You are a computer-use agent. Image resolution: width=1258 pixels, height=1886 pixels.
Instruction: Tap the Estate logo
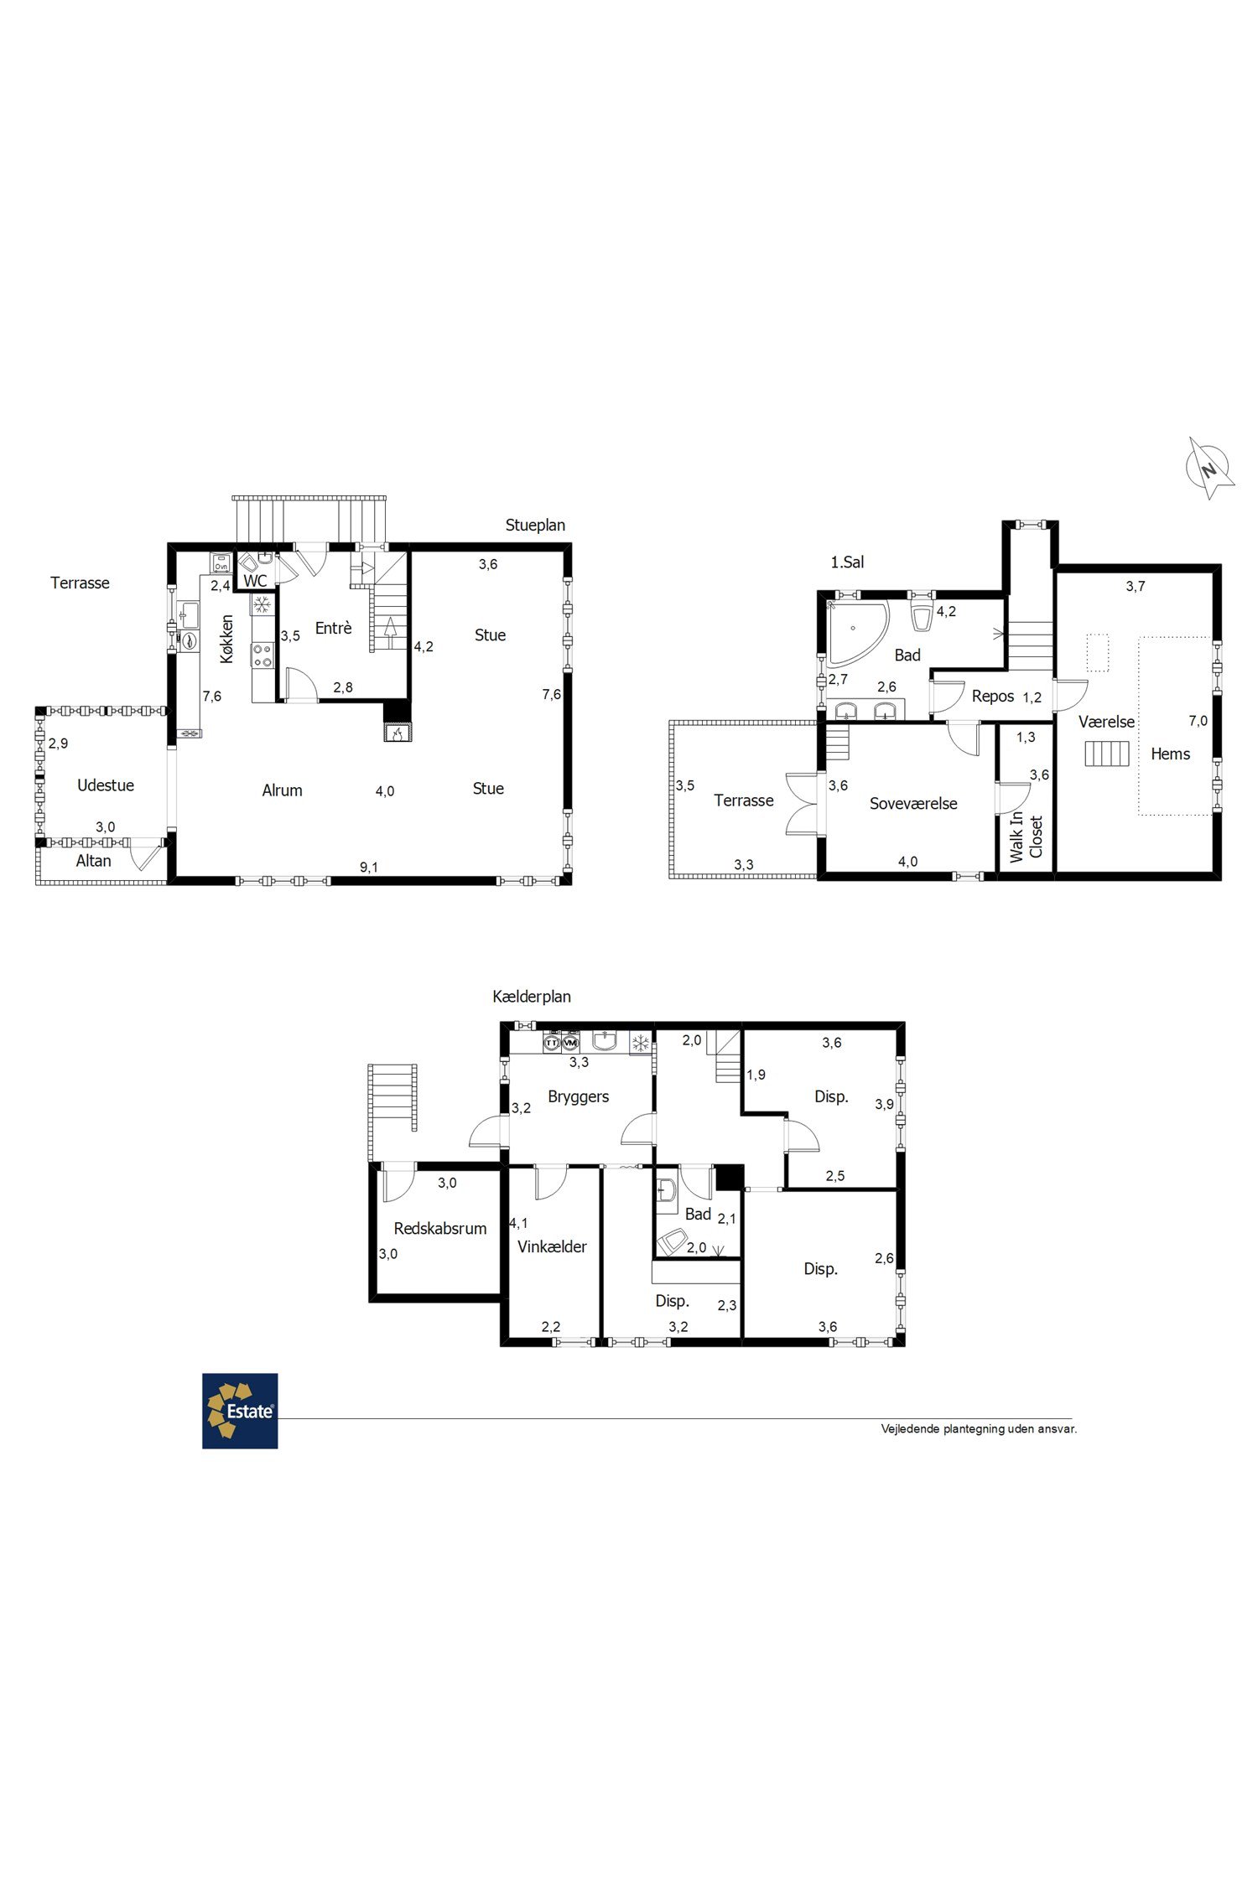coord(240,1411)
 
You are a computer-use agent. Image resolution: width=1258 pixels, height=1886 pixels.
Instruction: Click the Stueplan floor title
coord(535,526)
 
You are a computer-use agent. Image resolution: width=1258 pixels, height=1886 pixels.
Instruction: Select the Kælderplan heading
coord(532,997)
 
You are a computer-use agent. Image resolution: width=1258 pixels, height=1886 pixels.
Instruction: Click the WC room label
coord(255,581)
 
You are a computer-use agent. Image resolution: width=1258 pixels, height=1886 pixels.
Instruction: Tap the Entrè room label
coord(333,628)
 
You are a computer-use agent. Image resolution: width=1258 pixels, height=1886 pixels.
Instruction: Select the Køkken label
coord(226,639)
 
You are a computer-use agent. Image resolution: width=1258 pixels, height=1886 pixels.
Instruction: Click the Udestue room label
coord(106,785)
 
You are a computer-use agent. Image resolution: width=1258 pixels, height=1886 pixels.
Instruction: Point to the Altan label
coord(93,861)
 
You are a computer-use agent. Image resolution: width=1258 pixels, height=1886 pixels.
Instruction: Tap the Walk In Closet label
coord(1027,837)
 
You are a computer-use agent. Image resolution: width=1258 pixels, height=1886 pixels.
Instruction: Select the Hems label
coord(1170,754)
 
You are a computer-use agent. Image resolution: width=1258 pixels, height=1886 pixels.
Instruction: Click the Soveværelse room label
coord(913,804)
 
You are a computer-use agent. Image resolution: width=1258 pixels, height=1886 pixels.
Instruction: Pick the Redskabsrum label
coord(440,1229)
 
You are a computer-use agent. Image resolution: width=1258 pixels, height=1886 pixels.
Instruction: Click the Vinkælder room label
coord(552,1246)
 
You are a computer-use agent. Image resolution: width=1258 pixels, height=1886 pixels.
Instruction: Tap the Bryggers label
coord(578,1097)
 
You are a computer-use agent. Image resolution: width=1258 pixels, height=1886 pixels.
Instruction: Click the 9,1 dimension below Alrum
coord(369,868)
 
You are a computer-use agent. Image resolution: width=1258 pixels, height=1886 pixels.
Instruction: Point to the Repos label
coord(993,697)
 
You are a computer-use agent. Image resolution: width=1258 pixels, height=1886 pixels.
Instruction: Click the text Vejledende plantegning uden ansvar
coord(979,1429)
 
